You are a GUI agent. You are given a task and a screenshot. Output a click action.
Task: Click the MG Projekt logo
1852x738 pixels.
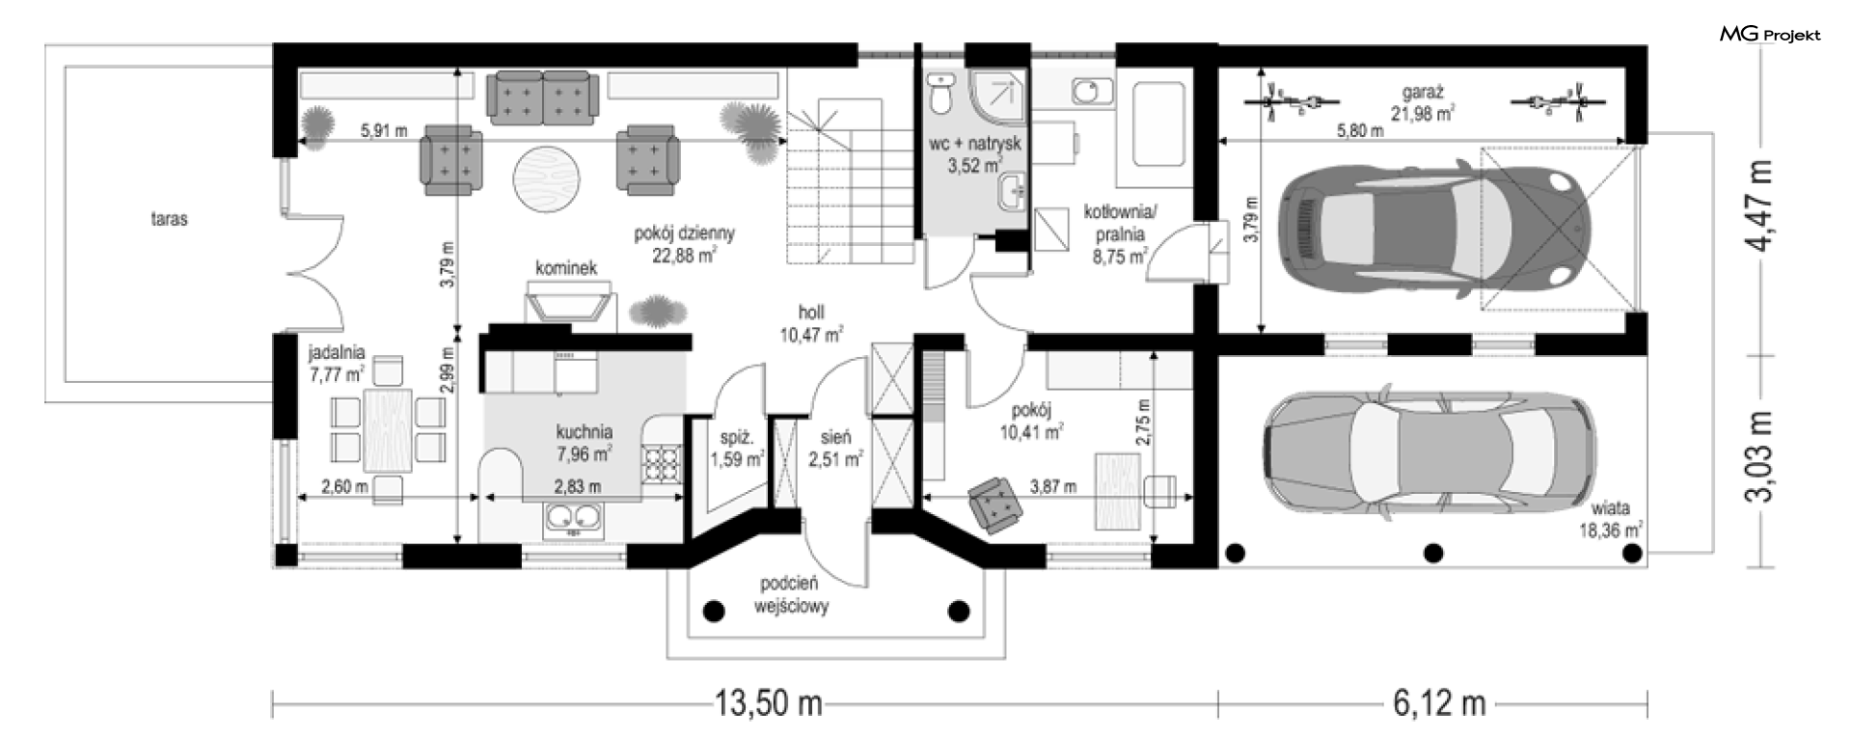click(x=1769, y=35)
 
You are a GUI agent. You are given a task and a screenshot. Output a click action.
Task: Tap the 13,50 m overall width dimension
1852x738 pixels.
click(x=769, y=703)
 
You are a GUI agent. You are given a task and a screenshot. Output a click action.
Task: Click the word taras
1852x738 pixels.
click(x=169, y=219)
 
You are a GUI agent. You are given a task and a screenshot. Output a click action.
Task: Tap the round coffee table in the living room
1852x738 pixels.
click(x=546, y=178)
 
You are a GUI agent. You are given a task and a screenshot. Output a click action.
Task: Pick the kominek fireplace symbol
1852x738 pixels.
click(x=569, y=302)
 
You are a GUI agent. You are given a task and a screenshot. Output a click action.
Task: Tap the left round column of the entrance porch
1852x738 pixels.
click(x=714, y=610)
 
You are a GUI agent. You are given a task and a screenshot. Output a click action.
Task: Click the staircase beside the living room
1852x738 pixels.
click(x=849, y=180)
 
